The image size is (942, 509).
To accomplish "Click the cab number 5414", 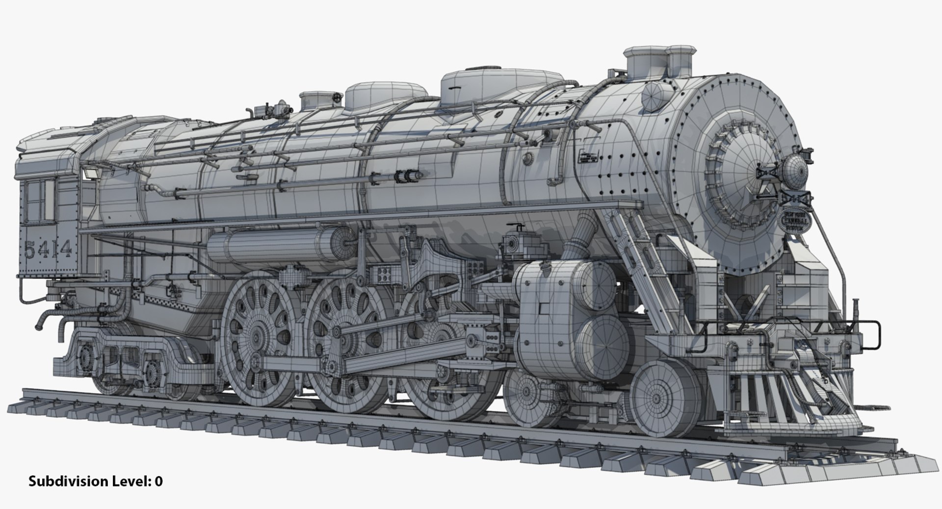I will point(48,250).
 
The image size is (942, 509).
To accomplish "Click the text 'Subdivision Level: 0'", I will point(95,481).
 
